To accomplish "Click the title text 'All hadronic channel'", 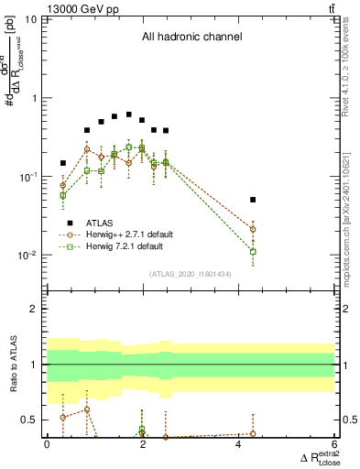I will tap(191, 38).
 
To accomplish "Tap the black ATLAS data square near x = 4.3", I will tap(253, 199).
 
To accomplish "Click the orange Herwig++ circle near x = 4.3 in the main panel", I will tap(253, 229).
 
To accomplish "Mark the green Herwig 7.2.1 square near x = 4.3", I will tap(253, 251).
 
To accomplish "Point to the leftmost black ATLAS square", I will tap(63, 163).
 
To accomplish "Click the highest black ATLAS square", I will tap(129, 115).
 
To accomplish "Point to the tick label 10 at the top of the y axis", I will tap(30, 19).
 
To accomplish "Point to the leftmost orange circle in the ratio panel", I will tap(63, 417).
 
